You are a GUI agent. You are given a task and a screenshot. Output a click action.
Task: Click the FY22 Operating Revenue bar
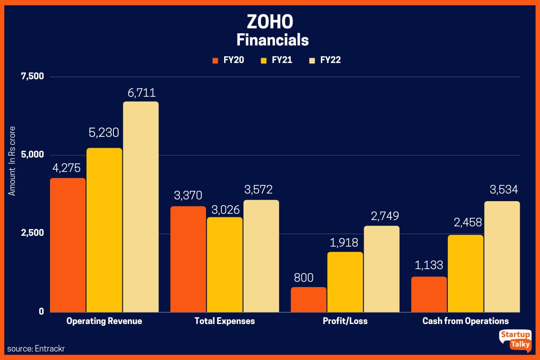point(141,207)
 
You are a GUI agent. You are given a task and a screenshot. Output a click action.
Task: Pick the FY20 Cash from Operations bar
point(429,294)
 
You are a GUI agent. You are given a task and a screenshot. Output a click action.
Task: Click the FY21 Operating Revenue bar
point(104,230)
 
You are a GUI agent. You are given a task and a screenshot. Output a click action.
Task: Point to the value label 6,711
point(141,93)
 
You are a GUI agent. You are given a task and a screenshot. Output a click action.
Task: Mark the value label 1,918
point(345,243)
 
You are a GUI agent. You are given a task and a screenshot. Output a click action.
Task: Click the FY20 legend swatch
point(215,60)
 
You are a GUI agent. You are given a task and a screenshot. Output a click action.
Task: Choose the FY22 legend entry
point(324,60)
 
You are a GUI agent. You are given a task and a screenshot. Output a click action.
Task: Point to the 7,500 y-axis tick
point(32,76)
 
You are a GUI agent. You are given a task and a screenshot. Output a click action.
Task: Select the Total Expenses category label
point(225,321)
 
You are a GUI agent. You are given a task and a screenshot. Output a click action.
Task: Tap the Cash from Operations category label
point(465,321)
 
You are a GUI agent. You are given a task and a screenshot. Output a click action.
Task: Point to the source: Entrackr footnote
point(33,349)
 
